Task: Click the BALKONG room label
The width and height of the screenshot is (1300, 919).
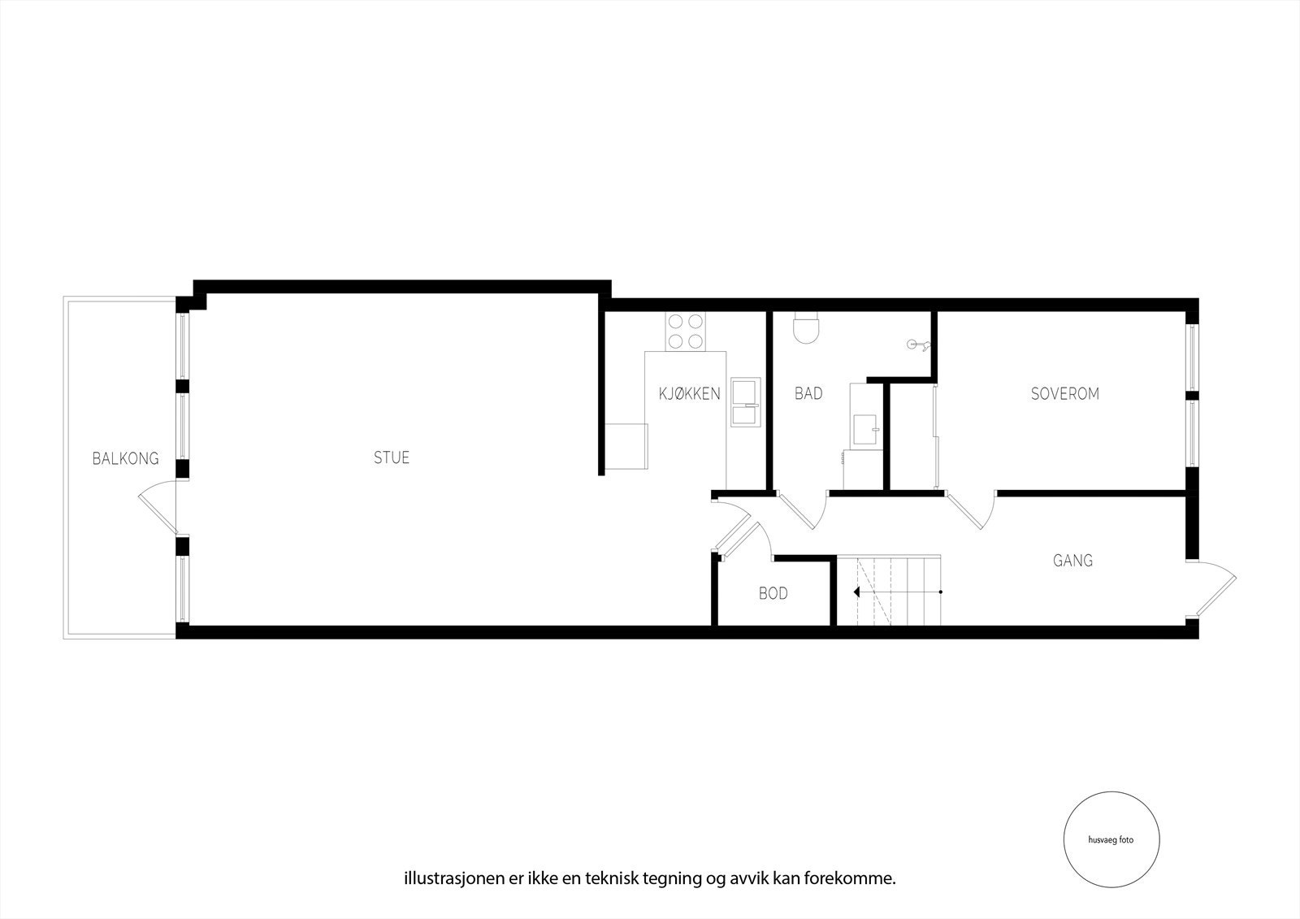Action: tap(125, 458)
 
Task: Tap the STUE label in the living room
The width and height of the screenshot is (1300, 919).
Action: tap(392, 457)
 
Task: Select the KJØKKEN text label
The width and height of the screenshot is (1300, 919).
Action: tap(689, 394)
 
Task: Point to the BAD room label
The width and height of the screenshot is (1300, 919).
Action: tap(808, 394)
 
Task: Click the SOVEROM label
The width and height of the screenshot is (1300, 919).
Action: tap(1064, 394)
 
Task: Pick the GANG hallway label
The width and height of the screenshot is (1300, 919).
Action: tap(1072, 560)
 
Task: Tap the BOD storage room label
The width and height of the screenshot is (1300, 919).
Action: tap(773, 594)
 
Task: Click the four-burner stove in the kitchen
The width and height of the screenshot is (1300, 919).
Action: tap(686, 332)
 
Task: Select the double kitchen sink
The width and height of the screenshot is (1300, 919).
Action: tap(744, 401)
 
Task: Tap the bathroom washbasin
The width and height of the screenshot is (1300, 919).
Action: tap(865, 428)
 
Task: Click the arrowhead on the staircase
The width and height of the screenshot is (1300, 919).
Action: tap(857, 592)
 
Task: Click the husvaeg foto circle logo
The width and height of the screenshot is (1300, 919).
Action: tap(1111, 840)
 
